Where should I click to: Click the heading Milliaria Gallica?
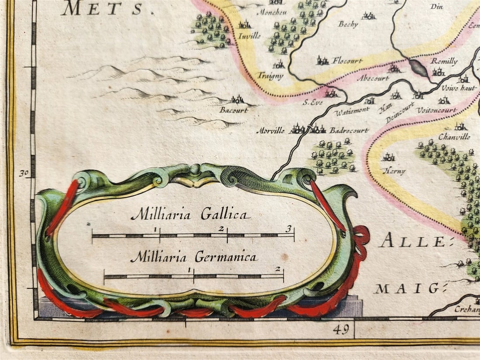191,214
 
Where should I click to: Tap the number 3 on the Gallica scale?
288,228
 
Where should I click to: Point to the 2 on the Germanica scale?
278,269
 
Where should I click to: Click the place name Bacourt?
233,110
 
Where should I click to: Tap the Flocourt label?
347,61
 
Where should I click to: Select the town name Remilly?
444,62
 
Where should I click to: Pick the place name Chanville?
454,137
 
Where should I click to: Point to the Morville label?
270,130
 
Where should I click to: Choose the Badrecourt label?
349,130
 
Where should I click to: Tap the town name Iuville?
249,36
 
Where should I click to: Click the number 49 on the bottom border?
340,330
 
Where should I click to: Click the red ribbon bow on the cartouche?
361,238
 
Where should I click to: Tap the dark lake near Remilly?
419,68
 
